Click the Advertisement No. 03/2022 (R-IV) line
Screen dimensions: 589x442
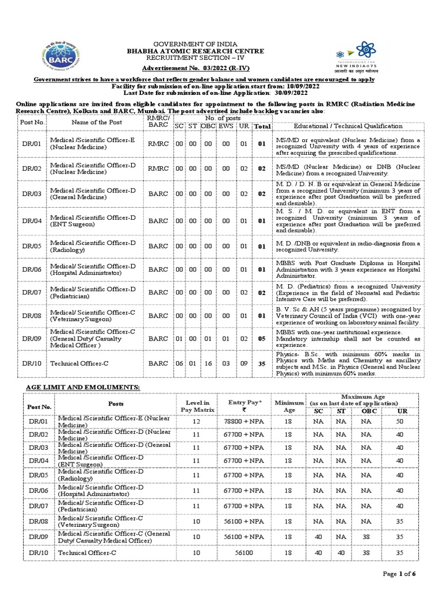pyautogui.click(x=196, y=68)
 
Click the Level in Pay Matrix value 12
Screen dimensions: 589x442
pyautogui.click(x=196, y=422)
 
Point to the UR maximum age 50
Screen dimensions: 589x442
pyautogui.click(x=399, y=422)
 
